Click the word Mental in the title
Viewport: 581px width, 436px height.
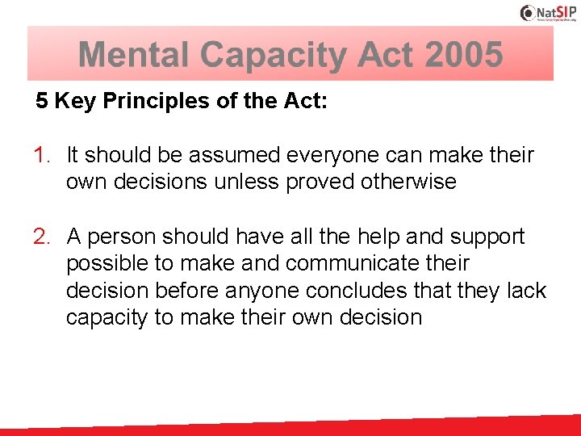click(134, 55)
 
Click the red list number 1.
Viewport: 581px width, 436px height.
click(42, 154)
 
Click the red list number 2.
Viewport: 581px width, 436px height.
click(42, 237)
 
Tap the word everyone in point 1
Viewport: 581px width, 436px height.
click(332, 154)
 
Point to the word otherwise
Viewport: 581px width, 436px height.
click(411, 182)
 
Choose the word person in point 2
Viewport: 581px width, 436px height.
click(122, 237)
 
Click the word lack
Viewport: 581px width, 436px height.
click(528, 291)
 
